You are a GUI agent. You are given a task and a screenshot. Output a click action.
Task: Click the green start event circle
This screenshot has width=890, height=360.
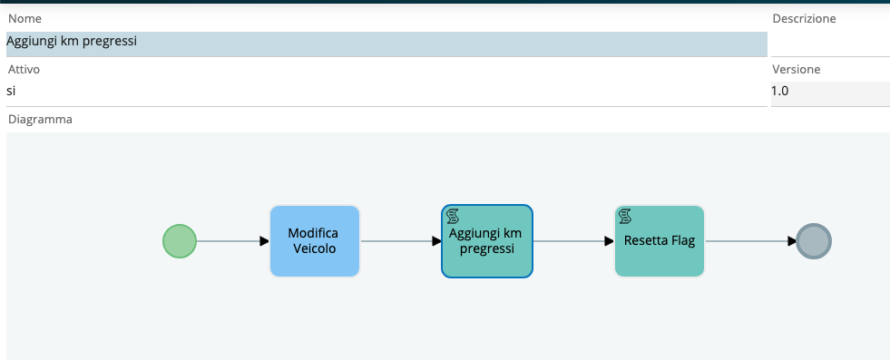(180, 241)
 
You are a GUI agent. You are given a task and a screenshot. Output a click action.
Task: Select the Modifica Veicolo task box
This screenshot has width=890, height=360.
(315, 241)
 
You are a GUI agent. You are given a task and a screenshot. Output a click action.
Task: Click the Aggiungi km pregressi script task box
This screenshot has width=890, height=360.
(487, 241)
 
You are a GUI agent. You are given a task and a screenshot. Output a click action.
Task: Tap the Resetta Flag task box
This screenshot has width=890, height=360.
(659, 241)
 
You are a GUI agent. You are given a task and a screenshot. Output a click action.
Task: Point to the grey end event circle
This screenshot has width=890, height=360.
(814, 241)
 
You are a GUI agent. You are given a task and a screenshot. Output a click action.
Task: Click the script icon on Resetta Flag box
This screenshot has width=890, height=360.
(625, 216)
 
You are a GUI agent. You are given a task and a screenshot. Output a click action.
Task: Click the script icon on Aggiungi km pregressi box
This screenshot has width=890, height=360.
(453, 216)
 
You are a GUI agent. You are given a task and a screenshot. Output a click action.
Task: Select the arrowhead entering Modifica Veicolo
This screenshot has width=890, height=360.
(265, 241)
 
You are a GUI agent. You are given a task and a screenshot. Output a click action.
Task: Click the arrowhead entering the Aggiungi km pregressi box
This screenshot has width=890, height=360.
(436, 241)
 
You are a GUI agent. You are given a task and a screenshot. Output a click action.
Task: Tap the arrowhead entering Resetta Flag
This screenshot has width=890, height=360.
(609, 241)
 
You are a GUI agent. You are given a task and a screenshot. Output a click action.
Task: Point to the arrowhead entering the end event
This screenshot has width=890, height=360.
(791, 241)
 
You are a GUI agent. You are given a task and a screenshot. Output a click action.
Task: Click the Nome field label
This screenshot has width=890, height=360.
(25, 19)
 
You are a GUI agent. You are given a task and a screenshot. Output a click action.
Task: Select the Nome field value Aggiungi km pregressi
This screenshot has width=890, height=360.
(72, 42)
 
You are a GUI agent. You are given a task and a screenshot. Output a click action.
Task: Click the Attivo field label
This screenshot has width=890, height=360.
(24, 69)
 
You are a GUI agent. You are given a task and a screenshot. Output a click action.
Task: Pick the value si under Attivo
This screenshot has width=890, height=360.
(11, 91)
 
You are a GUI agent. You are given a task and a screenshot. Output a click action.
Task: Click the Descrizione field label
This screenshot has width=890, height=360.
(804, 19)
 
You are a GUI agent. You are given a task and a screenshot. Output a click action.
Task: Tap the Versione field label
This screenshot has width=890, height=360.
(797, 69)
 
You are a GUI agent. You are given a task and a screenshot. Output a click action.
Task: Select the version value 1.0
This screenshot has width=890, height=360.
(780, 91)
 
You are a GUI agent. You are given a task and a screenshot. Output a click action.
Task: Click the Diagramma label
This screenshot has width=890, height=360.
(40, 120)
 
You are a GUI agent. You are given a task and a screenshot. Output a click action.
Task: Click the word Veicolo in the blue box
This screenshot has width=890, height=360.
(315, 248)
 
